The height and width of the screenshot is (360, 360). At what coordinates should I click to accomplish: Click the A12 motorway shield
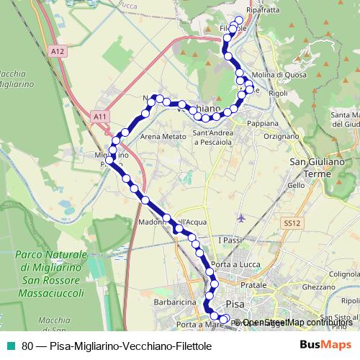click(x=58, y=50)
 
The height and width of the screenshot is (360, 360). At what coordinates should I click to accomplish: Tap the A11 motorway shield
click(x=100, y=115)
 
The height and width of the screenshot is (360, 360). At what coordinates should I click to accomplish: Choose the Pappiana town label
click(x=262, y=123)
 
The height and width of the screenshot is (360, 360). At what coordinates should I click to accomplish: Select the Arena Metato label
click(x=159, y=136)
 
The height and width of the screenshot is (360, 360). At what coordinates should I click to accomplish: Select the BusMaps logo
click(x=325, y=344)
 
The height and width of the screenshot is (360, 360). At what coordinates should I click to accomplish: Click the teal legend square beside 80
click(x=9, y=345)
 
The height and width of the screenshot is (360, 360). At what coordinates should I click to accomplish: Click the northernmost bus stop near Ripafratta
click(x=240, y=19)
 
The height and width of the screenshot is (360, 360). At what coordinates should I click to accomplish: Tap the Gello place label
click(x=296, y=185)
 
